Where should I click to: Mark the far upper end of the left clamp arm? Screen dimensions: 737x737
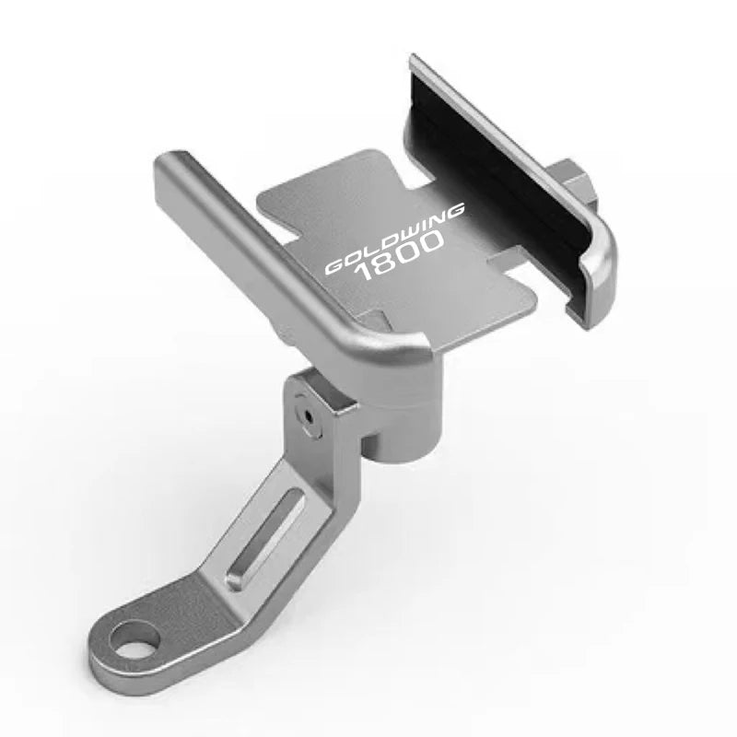coord(170,166)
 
